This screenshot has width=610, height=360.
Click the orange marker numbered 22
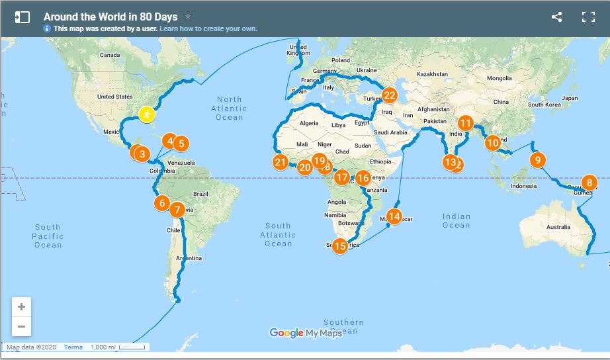pos(389,95)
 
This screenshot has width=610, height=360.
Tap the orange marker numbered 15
pos(340,246)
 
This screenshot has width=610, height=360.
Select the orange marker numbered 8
pos(589,183)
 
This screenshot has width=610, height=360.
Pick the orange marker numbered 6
pos(162,203)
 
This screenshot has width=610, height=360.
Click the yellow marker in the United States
pos(147,115)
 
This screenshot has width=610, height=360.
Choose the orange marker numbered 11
pos(466,123)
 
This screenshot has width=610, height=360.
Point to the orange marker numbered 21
pos(280,162)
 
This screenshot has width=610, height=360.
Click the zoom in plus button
pos(22,307)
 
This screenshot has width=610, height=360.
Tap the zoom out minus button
pos(22,326)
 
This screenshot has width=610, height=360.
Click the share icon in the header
pos(556,17)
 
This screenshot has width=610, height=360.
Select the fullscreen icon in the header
pos(588,17)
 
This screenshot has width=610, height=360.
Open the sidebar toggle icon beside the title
pos(22,17)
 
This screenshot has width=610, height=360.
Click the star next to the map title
pos(188,17)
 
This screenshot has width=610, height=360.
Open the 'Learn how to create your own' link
pos(208,28)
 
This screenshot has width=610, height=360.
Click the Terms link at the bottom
pos(73,347)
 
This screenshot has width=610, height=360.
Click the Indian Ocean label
pos(456,220)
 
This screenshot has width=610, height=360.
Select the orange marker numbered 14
pos(394,216)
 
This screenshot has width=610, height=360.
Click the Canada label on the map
pos(109,55)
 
